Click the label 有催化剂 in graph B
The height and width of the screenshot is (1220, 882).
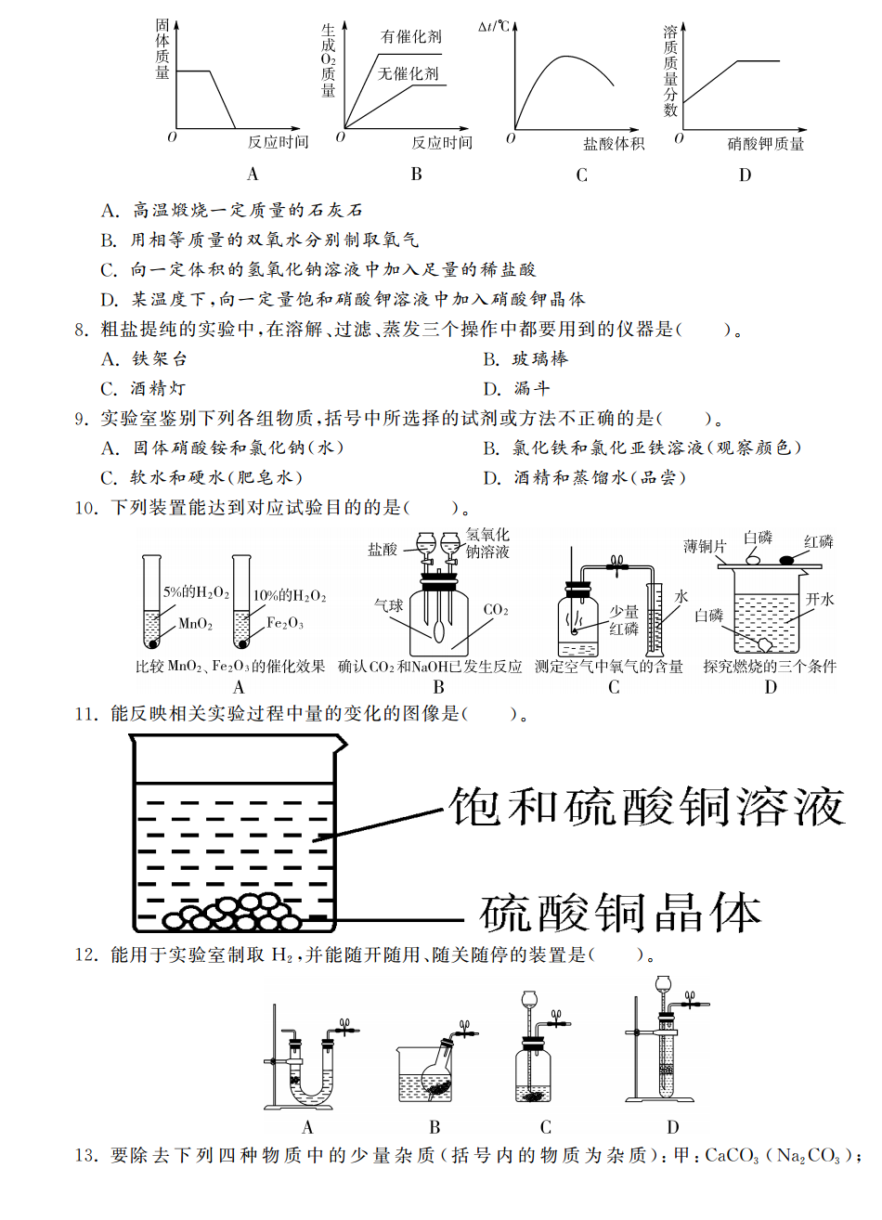pyautogui.click(x=411, y=37)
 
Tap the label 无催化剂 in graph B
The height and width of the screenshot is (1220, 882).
pyautogui.click(x=409, y=73)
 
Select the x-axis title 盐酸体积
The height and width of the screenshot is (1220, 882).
pyautogui.click(x=613, y=144)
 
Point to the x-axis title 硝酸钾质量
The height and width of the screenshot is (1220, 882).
pyautogui.click(x=765, y=144)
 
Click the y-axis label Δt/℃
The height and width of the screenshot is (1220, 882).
pyautogui.click(x=494, y=26)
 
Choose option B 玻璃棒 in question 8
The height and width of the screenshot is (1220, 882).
pyautogui.click(x=539, y=358)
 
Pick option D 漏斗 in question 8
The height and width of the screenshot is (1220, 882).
pyautogui.click(x=531, y=388)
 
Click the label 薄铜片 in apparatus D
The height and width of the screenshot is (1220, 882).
pyautogui.click(x=705, y=547)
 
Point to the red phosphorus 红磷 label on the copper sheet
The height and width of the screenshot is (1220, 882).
pyautogui.click(x=818, y=542)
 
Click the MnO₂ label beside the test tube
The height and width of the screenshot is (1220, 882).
pyautogui.click(x=195, y=624)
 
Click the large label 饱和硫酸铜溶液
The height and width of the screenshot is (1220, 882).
pyautogui.click(x=646, y=806)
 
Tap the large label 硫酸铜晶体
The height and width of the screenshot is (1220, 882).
pyautogui.click(x=619, y=914)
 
